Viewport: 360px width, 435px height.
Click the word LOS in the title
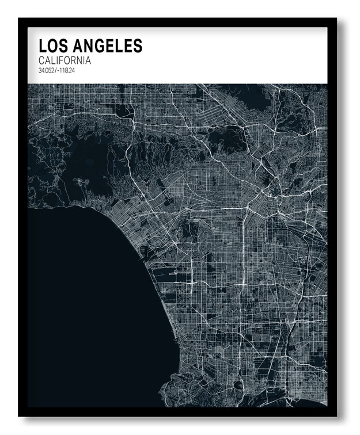[51, 45]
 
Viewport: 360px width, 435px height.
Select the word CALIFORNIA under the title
[65, 60]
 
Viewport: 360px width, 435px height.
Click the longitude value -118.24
[66, 71]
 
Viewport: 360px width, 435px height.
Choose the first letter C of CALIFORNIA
[42, 60]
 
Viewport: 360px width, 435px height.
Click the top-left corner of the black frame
[20, 19]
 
